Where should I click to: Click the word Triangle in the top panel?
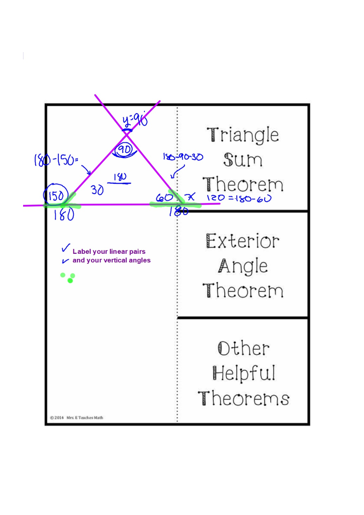(x=243, y=135)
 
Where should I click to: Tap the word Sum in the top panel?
(x=243, y=160)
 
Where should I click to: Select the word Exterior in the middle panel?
(x=243, y=241)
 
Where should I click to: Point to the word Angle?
(x=243, y=266)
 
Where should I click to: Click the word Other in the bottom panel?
(x=243, y=349)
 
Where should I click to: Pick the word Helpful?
(x=244, y=373)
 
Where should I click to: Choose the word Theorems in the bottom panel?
(x=244, y=398)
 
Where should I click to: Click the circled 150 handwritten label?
(x=56, y=195)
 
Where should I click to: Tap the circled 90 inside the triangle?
(x=124, y=150)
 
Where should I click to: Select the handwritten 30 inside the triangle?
(x=97, y=190)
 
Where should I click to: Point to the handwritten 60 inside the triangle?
(x=164, y=198)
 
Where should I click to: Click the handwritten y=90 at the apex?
(x=135, y=120)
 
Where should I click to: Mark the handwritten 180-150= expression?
(x=56, y=160)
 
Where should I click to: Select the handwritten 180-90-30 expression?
(x=183, y=157)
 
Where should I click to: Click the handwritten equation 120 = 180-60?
(x=239, y=198)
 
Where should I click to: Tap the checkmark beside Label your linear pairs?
(x=66, y=248)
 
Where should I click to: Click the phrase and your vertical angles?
(x=111, y=260)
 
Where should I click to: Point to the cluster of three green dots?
(x=68, y=278)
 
